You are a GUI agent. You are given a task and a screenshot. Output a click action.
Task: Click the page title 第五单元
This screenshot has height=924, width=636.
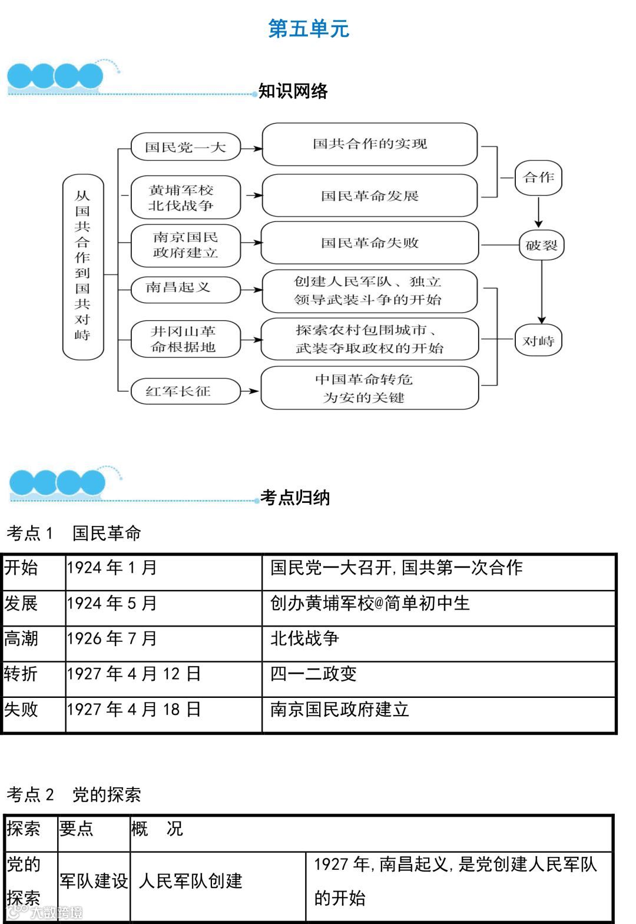coord(309,28)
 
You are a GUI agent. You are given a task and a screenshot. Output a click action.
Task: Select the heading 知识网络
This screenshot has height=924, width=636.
coord(293,91)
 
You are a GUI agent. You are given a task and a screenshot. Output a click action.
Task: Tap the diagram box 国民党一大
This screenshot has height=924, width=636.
coord(185,147)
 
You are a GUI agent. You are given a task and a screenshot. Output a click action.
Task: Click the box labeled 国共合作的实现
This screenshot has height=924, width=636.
coord(369,144)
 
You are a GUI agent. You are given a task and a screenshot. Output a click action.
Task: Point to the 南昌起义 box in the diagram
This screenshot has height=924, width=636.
coord(185,288)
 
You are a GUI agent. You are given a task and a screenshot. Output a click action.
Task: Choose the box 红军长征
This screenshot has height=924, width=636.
coord(185,391)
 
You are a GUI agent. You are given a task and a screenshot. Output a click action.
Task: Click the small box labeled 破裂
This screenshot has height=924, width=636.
coord(541,245)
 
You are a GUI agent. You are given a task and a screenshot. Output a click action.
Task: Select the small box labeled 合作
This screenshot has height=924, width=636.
coord(538,177)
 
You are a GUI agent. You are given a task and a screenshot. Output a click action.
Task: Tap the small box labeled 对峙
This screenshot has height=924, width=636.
coord(538,341)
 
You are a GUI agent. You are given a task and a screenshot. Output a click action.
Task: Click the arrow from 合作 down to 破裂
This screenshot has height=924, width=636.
coord(538,212)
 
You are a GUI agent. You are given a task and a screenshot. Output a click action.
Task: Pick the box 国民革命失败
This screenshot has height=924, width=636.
coord(369,243)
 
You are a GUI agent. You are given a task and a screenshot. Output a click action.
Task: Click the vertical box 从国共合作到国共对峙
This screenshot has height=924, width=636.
coord(82,266)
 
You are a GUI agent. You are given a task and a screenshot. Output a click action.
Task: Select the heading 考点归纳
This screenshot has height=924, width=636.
coord(295,498)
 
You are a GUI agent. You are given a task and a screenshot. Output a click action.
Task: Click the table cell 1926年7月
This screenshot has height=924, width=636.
coord(112,639)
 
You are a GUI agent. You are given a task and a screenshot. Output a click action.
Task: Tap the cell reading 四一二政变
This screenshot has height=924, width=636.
coord(313,674)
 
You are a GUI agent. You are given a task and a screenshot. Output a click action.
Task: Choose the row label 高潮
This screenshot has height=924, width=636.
coord(21,639)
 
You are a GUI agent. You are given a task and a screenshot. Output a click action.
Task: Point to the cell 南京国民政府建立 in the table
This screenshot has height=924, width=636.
coord(339,710)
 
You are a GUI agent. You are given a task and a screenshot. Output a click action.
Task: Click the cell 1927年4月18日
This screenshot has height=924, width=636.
coord(134,710)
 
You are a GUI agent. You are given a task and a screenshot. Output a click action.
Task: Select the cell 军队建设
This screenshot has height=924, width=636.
coord(94,881)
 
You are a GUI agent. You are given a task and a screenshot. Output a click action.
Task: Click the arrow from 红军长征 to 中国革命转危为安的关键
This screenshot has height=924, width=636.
coord(251,391)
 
